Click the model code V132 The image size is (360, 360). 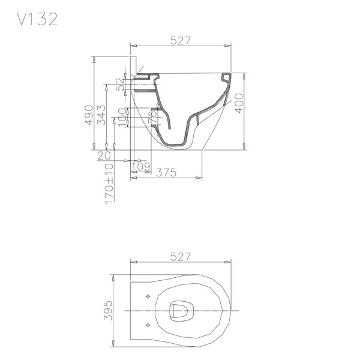[x=37, y=19]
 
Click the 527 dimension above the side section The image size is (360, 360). [x=181, y=40]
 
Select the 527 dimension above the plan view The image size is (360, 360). [x=181, y=257]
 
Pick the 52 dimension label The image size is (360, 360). [x=120, y=85]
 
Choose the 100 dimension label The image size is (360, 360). [x=122, y=116]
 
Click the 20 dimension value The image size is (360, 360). [x=104, y=156]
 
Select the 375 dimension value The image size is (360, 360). [x=166, y=173]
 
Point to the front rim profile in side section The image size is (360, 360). [x=226, y=78]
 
